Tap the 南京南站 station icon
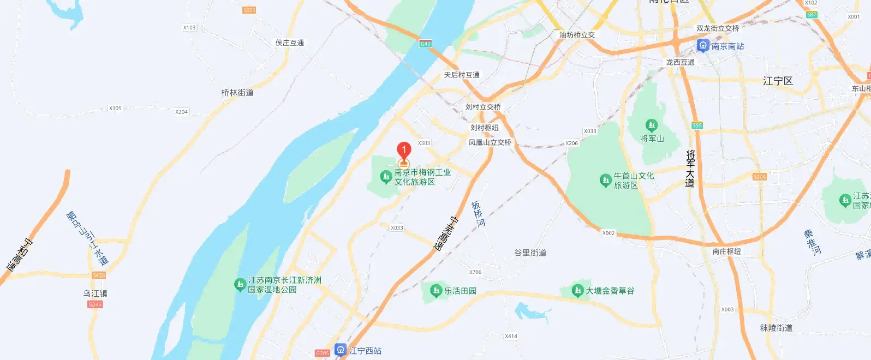tap(703, 46)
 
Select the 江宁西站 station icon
tap(341, 350)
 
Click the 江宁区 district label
tap(778, 81)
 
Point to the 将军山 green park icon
tap(651, 125)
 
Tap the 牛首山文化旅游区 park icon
tap(605, 180)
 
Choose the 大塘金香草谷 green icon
tap(577, 291)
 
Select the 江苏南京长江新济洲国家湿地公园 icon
tap(240, 284)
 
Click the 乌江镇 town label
tap(96, 293)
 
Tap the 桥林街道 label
tap(237, 93)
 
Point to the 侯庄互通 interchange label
tap(290, 43)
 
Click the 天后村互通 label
tap(462, 75)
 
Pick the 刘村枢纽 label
tap(485, 128)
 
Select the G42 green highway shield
tap(426, 44)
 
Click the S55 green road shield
tap(697, 125)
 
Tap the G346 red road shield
tap(95, 304)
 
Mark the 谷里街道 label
tap(530, 253)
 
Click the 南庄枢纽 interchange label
tap(726, 251)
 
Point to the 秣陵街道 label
tap(776, 328)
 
